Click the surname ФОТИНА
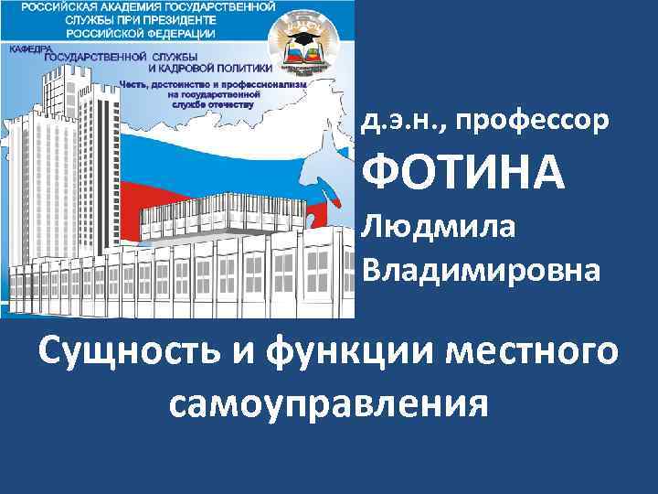[463, 173]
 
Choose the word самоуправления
[328, 402]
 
